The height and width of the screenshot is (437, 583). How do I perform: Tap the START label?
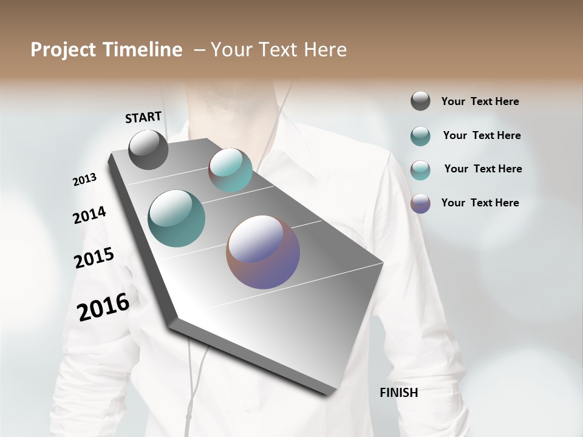coord(143,117)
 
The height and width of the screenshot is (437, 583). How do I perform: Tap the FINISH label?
coord(398,393)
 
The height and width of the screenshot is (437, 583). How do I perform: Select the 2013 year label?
coord(84,180)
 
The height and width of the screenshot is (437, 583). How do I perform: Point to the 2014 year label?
coord(89,215)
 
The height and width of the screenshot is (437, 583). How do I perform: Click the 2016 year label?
coord(103,307)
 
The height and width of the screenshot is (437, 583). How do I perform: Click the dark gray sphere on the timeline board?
coord(148,149)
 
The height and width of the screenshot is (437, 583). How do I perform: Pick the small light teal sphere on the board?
coord(230,170)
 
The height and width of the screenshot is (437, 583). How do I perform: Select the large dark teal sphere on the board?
coord(176,218)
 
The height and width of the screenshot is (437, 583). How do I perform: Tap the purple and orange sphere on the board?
coord(263,252)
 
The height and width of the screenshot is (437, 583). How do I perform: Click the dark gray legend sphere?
coord(420,101)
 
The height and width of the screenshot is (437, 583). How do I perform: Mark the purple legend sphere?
coord(420,203)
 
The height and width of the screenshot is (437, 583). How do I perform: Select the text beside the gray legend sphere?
coord(480,101)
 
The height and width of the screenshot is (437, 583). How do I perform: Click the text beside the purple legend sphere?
coord(480,203)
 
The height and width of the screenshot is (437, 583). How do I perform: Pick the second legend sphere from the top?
coord(420,136)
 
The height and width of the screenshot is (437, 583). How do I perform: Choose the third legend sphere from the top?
coord(420,169)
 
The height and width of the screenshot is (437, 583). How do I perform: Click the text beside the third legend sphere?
coord(483,169)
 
